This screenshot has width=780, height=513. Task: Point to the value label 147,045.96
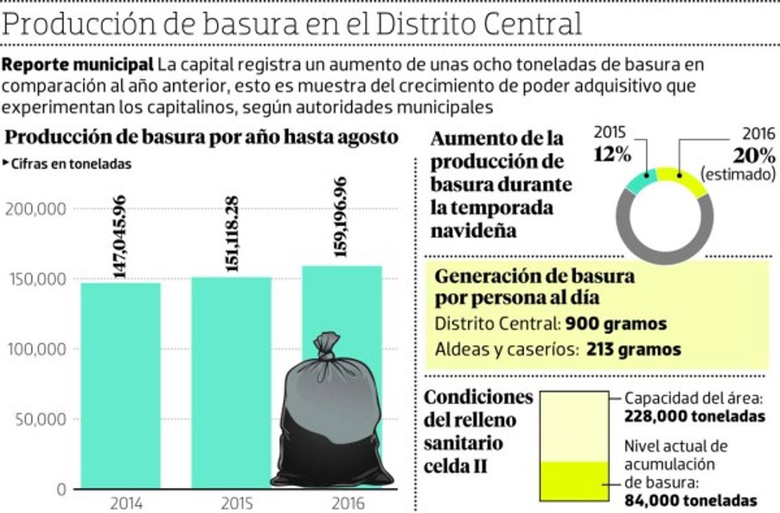coord(120,237)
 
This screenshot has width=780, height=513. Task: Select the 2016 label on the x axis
coord(342,503)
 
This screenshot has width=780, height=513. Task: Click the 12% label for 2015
coord(612,156)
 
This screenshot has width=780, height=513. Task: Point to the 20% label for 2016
coord(753,156)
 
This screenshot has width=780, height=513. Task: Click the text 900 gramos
coord(616,323)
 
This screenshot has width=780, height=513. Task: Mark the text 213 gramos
coord(633,349)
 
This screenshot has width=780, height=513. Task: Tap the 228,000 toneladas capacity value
coord(694,416)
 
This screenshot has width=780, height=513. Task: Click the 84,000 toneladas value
coord(690,501)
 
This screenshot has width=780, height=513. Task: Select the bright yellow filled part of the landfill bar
coord(575,481)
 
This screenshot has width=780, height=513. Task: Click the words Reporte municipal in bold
coord(77,65)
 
